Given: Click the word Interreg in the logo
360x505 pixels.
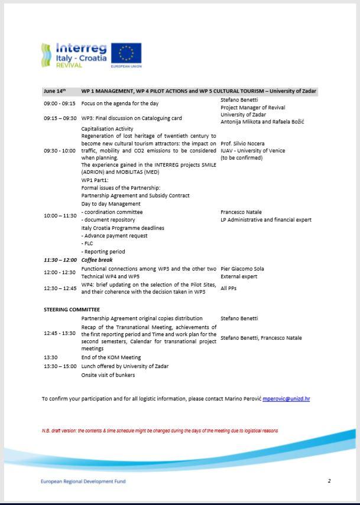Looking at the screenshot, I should [x=81, y=48].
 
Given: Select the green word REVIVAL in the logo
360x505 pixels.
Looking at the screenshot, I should [x=69, y=65].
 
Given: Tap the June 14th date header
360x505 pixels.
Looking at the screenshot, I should [x=54, y=92].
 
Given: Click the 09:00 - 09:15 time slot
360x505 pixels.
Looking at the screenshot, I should [x=59, y=103].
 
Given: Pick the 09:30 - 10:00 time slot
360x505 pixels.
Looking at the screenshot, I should [x=59, y=151].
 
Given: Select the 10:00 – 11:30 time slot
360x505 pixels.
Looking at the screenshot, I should [x=60, y=216].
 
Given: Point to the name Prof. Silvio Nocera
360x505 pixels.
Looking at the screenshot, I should [x=242, y=143].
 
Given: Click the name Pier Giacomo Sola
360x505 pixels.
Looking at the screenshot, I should [x=242, y=269].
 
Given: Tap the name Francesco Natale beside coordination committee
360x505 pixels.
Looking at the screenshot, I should [x=241, y=211].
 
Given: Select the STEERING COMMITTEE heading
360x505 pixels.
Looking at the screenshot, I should [x=72, y=309].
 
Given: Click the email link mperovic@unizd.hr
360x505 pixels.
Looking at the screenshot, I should [x=286, y=399].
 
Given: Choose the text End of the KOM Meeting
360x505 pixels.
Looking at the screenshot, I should [x=111, y=357].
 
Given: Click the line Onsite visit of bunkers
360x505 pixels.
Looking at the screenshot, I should [x=108, y=374].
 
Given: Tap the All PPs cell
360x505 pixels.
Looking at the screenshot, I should [x=229, y=288].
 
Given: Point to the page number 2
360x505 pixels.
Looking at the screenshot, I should [x=329, y=481].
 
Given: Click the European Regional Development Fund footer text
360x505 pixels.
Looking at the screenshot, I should [x=83, y=481].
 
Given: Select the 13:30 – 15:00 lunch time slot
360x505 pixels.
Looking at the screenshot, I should [x=60, y=366].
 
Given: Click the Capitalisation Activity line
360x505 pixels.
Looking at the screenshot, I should [x=107, y=128].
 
